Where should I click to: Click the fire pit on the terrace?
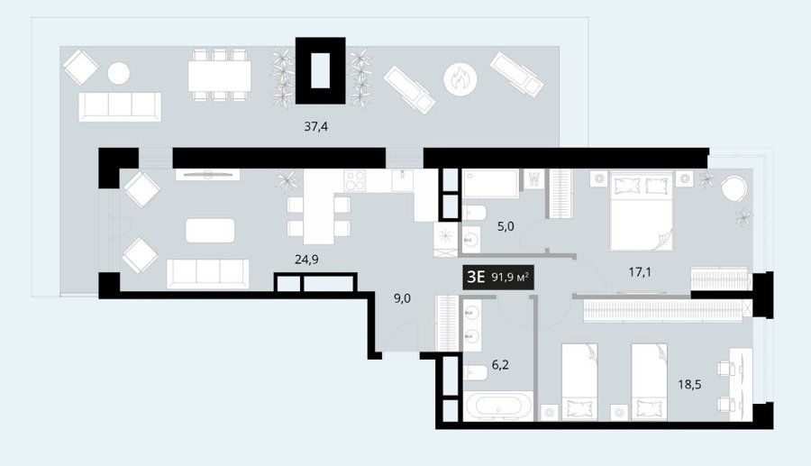460,79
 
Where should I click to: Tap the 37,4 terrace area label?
315,126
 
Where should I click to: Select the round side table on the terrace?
119,73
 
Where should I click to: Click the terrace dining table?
219,76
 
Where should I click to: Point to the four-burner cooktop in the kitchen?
355,181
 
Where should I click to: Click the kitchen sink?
402,181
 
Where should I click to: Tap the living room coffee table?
210,230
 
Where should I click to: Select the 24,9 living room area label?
306,259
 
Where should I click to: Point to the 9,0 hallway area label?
402,298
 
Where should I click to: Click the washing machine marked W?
534,179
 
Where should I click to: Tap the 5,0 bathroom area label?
506,226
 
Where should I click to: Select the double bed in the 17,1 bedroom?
642,211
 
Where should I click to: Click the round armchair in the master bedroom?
734,189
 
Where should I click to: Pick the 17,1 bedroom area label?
640,271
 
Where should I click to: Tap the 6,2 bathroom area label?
500,365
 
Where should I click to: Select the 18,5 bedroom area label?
689,384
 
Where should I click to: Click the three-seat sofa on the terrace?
120,107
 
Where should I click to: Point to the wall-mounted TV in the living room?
207,175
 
